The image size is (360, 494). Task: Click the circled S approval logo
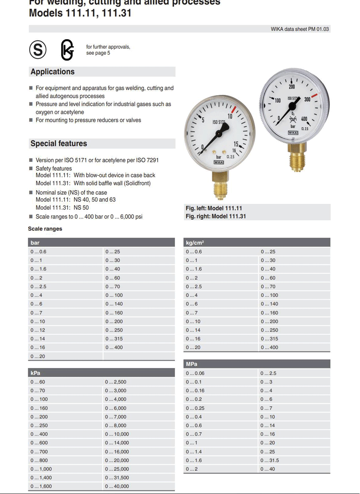[38, 49]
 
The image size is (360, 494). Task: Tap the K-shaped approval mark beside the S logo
[67, 50]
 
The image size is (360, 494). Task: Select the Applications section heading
[52, 72]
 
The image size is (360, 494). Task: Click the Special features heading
[58, 143]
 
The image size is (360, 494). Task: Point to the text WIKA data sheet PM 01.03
[299, 29]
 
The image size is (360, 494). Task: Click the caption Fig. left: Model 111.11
[214, 208]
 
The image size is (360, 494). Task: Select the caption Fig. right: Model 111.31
[216, 216]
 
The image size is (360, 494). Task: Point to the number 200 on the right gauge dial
[292, 87]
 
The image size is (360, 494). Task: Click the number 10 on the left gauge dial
[230, 116]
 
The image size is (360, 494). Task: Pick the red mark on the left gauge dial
[234, 110]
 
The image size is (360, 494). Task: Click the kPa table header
[36, 373]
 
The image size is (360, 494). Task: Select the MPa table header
[192, 364]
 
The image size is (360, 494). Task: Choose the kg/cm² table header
[195, 243]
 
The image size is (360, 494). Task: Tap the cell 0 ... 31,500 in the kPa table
[117, 478]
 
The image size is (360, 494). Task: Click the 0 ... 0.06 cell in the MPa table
[195, 373]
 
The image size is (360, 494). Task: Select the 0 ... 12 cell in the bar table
[38, 330]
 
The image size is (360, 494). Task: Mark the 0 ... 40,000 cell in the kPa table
[117, 486]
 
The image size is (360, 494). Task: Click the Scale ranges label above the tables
[45, 229]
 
